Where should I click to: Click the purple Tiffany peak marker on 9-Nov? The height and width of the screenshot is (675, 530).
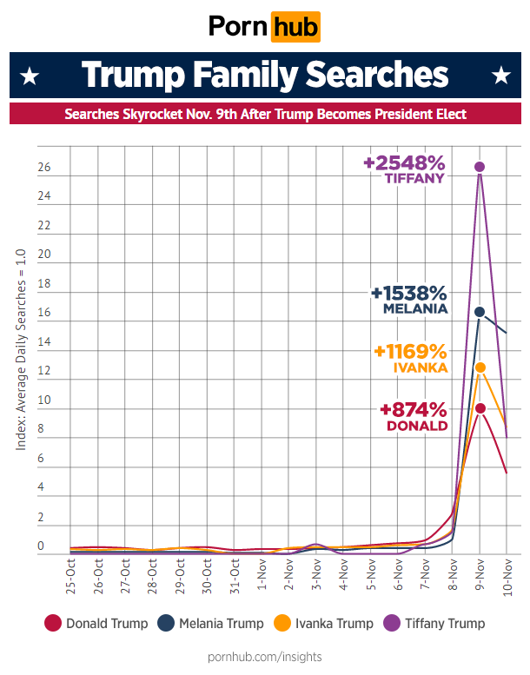coord(480,166)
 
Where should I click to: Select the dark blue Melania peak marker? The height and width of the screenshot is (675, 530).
coord(480,311)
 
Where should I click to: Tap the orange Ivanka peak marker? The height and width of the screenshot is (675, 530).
coord(480,367)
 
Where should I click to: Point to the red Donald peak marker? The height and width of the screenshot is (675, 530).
coord(480,408)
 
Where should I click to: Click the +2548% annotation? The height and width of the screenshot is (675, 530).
coord(404,162)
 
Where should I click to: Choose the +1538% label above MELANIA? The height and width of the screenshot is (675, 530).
coord(408,293)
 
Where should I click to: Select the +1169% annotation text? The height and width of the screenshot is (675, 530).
coord(410,352)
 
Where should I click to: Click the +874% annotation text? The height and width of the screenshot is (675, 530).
coord(413,410)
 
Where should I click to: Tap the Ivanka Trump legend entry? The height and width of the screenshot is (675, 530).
coord(321,623)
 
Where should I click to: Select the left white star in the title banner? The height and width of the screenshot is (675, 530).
coord(30,76)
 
